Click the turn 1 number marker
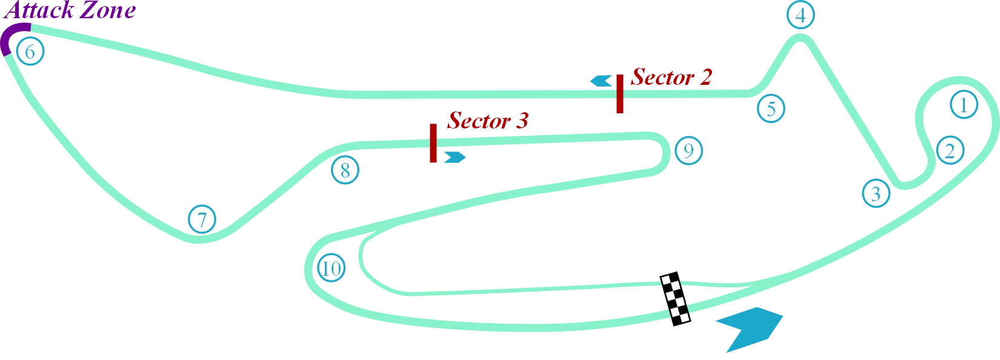(963, 105)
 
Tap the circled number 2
(949, 150)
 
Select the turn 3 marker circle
(875, 193)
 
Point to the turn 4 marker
(800, 16)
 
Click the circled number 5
(771, 109)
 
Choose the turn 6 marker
(30, 52)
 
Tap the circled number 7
(202, 219)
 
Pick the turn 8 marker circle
(345, 170)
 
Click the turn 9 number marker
(688, 150)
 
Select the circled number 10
(331, 268)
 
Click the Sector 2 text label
(671, 78)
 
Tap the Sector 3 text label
(487, 121)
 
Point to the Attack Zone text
(72, 10)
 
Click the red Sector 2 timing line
(620, 95)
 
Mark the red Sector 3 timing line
(433, 143)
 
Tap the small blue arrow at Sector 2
(601, 81)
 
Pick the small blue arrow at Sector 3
(455, 158)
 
